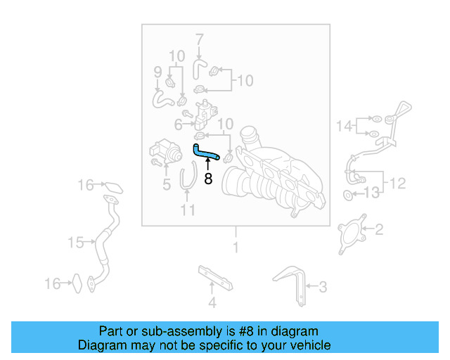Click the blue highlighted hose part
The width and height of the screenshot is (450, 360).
pyautogui.click(x=205, y=152)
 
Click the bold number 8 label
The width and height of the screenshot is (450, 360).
pyautogui.click(x=208, y=179)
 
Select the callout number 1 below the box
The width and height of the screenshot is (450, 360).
pyautogui.click(x=236, y=247)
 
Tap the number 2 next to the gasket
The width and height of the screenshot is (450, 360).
pyautogui.click(x=378, y=229)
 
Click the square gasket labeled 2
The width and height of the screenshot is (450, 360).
pyautogui.click(x=352, y=231)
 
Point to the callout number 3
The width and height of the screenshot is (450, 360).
pyautogui.click(x=323, y=286)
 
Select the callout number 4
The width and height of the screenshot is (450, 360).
pyautogui.click(x=212, y=303)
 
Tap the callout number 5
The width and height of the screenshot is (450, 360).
pyautogui.click(x=167, y=185)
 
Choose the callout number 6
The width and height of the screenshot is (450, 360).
pyautogui.click(x=179, y=124)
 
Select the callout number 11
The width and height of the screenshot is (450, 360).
pyautogui.click(x=187, y=210)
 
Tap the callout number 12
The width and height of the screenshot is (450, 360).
pyautogui.click(x=397, y=184)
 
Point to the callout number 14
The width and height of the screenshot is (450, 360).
pyautogui.click(x=344, y=126)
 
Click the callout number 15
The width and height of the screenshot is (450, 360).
pyautogui.click(x=76, y=243)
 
